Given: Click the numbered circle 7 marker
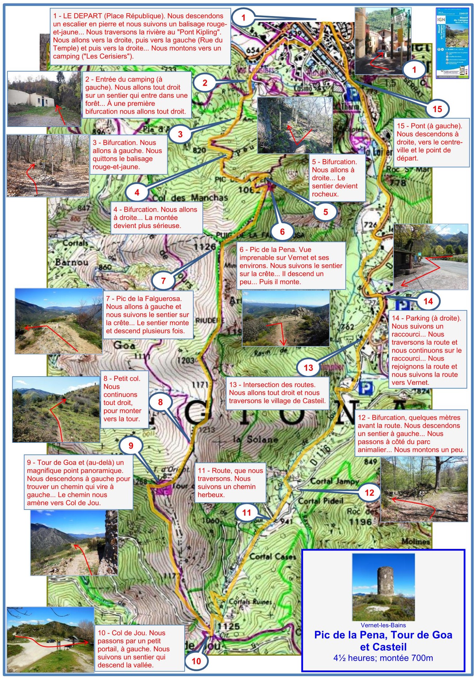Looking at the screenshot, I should point(163,281).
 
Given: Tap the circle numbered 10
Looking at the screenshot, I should point(196,661).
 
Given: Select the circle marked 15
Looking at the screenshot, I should point(437,109).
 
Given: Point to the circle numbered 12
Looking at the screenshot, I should point(369,493).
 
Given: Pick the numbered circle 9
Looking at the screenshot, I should point(131,445).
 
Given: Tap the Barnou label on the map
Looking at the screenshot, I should point(72,262).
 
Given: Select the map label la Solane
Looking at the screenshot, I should point(255,439).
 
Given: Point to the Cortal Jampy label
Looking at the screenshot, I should point(335,481).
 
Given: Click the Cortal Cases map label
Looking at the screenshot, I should point(273,556).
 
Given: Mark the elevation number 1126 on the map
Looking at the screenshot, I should point(204,246).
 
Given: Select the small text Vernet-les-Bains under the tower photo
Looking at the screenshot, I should point(383,625).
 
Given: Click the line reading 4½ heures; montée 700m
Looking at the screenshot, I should point(383,658).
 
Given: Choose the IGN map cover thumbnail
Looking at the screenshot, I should point(452,43).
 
